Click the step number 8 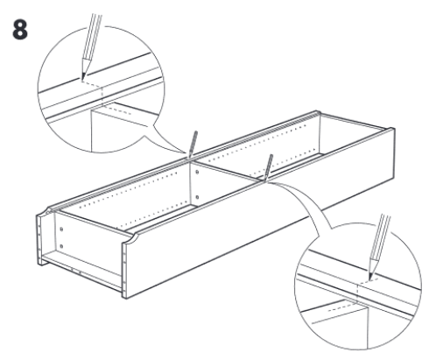(20, 30)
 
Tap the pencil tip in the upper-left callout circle (83, 78)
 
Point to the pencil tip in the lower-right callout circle (369, 279)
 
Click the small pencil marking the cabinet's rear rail (193, 144)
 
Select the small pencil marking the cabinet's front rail (268, 167)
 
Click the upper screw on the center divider (197, 173)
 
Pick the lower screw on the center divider (197, 197)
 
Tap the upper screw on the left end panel (61, 229)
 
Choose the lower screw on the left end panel (61, 246)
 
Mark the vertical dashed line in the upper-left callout (102, 95)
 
